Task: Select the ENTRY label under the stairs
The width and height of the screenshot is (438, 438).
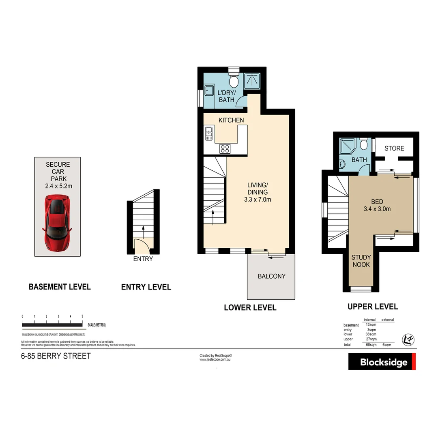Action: coord(143,259)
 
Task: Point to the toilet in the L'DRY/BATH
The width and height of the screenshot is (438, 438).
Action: coord(234,81)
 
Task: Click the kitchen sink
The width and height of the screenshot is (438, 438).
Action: coord(209,133)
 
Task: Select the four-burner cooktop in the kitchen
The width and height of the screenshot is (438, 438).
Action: coord(225,149)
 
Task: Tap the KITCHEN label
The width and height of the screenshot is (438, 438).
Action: coord(231,120)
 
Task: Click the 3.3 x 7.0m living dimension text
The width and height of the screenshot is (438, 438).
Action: coord(258,199)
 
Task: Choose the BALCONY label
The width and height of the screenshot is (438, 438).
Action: coord(272,276)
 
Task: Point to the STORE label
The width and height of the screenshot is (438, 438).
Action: coord(394,148)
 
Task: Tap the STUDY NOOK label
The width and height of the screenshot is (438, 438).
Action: coord(361,261)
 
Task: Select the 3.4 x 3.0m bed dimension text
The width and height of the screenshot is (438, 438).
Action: coord(377,209)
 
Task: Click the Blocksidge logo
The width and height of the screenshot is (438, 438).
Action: coord(382,361)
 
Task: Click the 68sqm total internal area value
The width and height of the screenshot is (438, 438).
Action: coord(371,345)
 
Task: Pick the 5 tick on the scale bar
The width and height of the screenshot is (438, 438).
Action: coord(82,316)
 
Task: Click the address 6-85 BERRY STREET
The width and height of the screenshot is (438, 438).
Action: coord(56,356)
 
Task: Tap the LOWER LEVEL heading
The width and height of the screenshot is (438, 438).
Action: coord(250,308)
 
